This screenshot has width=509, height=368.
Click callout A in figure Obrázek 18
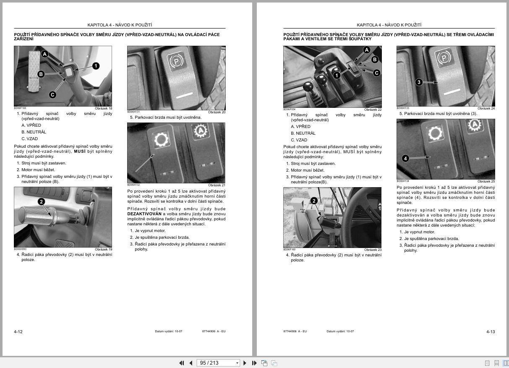44,54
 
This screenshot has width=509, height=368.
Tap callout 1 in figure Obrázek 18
96,66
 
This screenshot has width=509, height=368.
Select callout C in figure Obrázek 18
52,95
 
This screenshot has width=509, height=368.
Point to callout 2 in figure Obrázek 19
41,202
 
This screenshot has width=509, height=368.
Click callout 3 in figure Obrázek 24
419,82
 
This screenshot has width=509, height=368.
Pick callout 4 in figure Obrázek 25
405,158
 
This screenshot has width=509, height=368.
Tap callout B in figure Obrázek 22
375,60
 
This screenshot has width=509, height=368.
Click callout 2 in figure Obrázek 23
314,201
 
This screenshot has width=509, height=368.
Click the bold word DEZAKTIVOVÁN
144,214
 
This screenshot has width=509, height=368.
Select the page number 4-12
18,332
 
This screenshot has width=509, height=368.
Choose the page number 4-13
491,332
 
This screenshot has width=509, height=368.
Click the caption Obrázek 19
103,249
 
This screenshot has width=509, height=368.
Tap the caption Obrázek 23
373,250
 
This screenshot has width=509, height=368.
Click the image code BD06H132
133,185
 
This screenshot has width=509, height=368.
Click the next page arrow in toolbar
245,363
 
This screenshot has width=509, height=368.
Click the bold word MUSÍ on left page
80,151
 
